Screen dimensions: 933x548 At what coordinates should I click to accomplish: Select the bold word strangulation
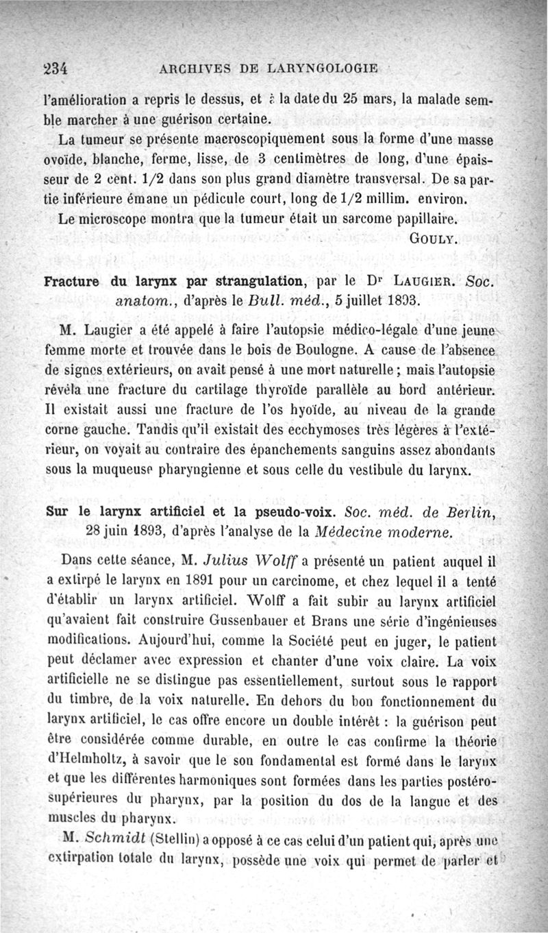pyautogui.click(x=239, y=282)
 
